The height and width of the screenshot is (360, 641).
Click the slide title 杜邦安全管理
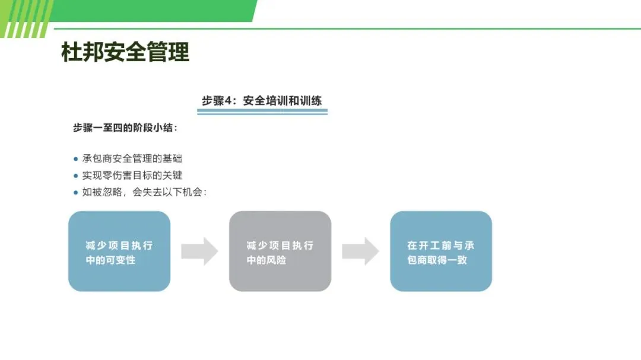125,52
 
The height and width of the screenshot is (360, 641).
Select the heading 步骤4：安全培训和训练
262,100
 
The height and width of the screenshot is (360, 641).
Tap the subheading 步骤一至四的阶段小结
125,128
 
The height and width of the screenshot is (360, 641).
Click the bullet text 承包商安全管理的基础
132,158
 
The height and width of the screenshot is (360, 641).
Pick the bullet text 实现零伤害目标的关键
132,175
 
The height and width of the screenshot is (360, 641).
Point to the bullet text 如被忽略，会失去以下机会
144,192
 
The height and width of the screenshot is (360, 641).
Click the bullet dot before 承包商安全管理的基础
75,159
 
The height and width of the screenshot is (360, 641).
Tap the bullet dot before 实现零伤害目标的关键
75,176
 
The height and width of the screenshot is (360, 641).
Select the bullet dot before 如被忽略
75,192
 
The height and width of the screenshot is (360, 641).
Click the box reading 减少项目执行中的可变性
119,251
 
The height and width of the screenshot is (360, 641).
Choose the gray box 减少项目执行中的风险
280,251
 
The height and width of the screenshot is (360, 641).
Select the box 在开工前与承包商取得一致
441,251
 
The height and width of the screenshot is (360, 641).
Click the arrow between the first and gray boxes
199,251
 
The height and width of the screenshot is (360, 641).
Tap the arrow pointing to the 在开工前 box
360,251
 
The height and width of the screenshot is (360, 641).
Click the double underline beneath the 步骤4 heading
262,111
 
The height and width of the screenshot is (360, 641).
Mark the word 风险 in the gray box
275,260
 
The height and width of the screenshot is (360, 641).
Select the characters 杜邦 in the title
82,52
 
